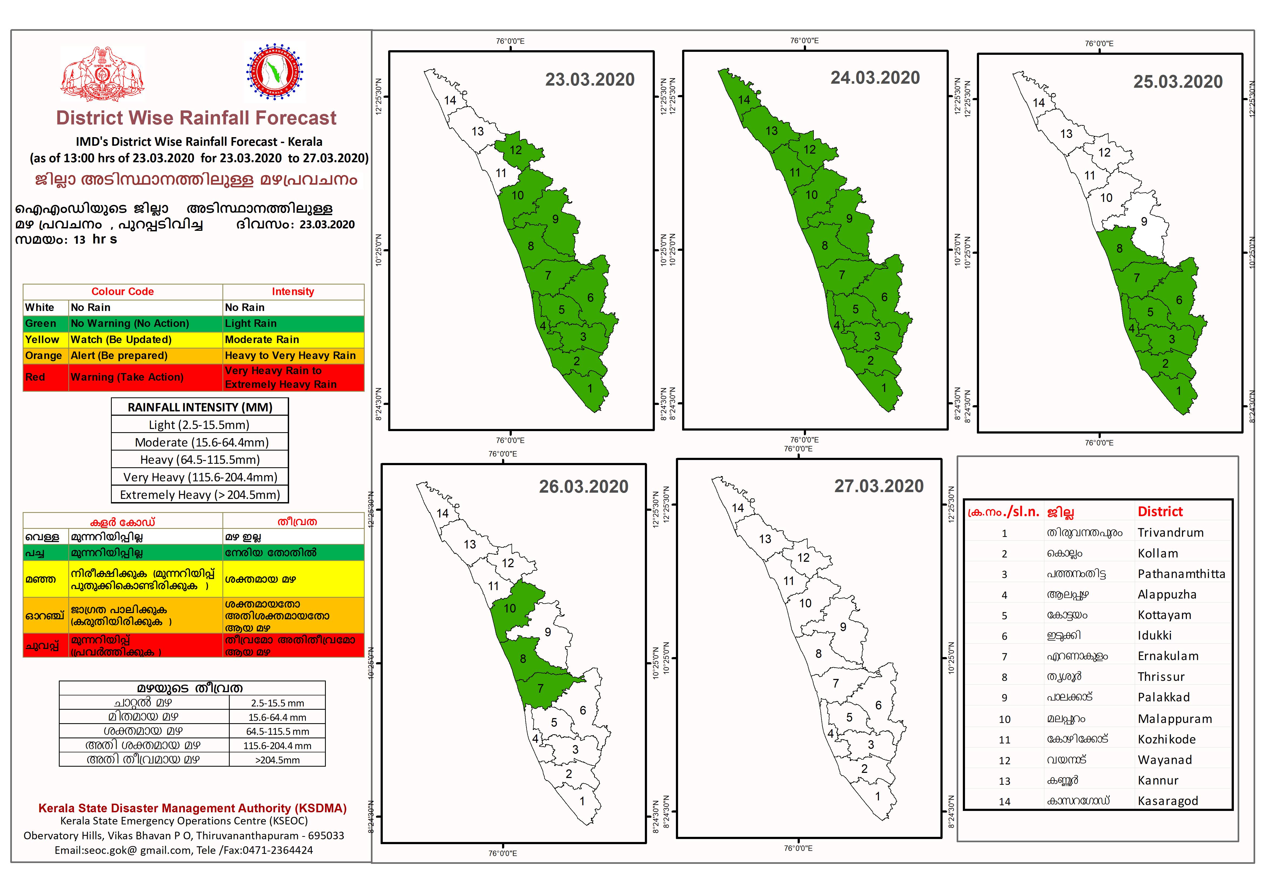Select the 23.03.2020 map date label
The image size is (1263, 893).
590,80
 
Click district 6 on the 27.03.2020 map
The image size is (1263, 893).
878,705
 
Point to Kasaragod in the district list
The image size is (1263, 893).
1167,801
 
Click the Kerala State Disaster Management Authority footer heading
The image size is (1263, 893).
192,808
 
